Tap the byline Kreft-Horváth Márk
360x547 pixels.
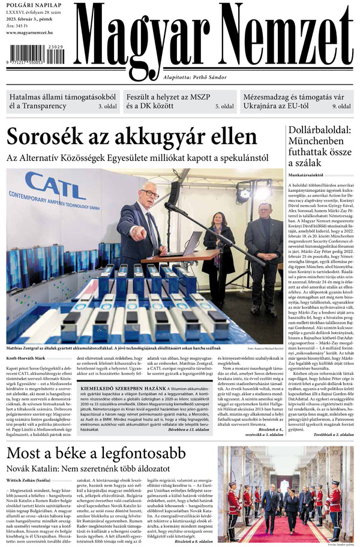point(25,359)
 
